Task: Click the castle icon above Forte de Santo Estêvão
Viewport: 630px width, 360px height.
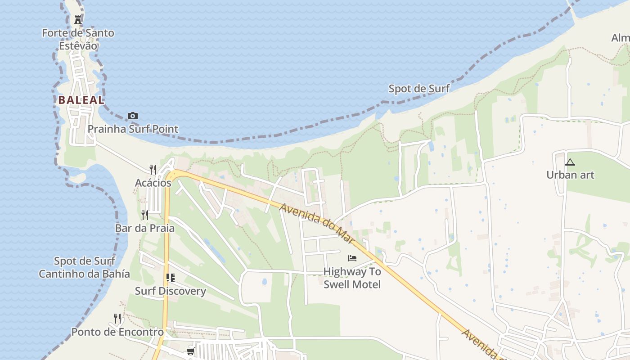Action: (x=78, y=19)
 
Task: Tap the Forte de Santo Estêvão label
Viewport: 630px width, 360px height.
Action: (x=78, y=39)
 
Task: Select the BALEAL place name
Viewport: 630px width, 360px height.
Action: (x=81, y=100)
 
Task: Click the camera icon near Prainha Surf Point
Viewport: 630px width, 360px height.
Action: (x=132, y=116)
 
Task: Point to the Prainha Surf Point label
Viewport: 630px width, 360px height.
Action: (x=133, y=129)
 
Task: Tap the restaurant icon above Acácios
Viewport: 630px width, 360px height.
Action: (x=153, y=170)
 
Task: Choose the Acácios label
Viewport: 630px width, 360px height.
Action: (x=153, y=183)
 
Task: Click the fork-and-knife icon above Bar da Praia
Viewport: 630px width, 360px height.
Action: (x=145, y=215)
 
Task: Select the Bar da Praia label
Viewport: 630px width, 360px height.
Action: (x=145, y=228)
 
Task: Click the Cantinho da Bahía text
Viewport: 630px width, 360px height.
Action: (x=84, y=274)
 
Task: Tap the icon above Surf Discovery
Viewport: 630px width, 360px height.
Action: (x=170, y=278)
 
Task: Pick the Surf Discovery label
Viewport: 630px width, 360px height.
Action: (x=170, y=291)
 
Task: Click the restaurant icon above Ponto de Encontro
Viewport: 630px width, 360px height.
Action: (x=117, y=319)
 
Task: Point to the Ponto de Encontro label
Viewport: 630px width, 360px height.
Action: (x=117, y=332)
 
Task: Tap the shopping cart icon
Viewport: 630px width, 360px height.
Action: (x=190, y=351)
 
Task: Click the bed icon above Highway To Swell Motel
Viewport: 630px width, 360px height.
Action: (x=352, y=258)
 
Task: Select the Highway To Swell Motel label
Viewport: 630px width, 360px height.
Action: (x=352, y=278)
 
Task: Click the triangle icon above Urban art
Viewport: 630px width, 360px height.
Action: (x=570, y=162)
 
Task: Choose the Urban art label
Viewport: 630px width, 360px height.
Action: (x=570, y=175)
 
